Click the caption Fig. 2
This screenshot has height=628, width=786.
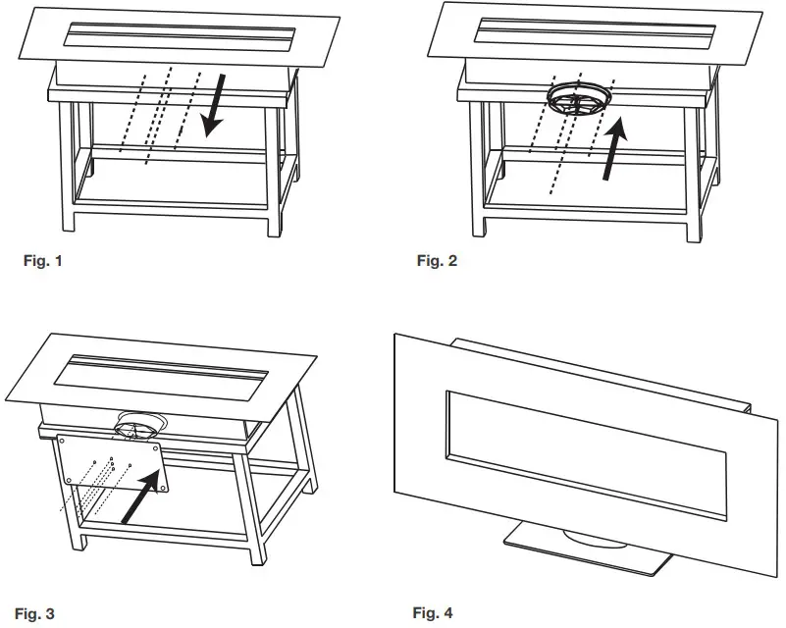point(437,261)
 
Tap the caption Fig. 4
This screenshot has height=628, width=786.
point(433,614)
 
